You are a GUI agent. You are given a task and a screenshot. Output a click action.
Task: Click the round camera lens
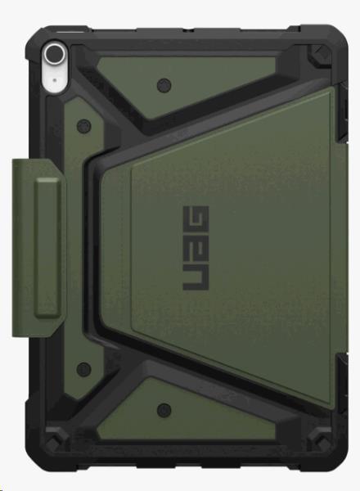(x=55, y=54)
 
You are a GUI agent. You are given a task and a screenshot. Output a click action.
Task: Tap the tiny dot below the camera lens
(x=55, y=80)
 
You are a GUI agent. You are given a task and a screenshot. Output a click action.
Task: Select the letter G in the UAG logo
(x=196, y=218)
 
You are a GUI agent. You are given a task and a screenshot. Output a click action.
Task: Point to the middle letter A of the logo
(x=196, y=248)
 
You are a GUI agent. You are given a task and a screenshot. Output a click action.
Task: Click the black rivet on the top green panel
(x=164, y=85)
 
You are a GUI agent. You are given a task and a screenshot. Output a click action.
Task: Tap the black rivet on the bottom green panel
(x=164, y=410)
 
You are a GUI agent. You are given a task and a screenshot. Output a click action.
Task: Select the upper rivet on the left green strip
(x=84, y=126)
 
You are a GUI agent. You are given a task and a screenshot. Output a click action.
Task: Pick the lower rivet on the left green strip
(x=84, y=369)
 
